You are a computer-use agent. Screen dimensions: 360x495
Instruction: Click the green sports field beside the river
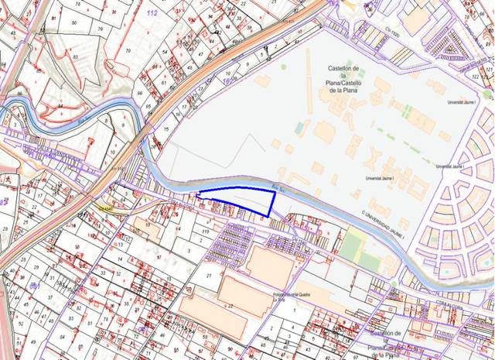click(352, 247)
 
